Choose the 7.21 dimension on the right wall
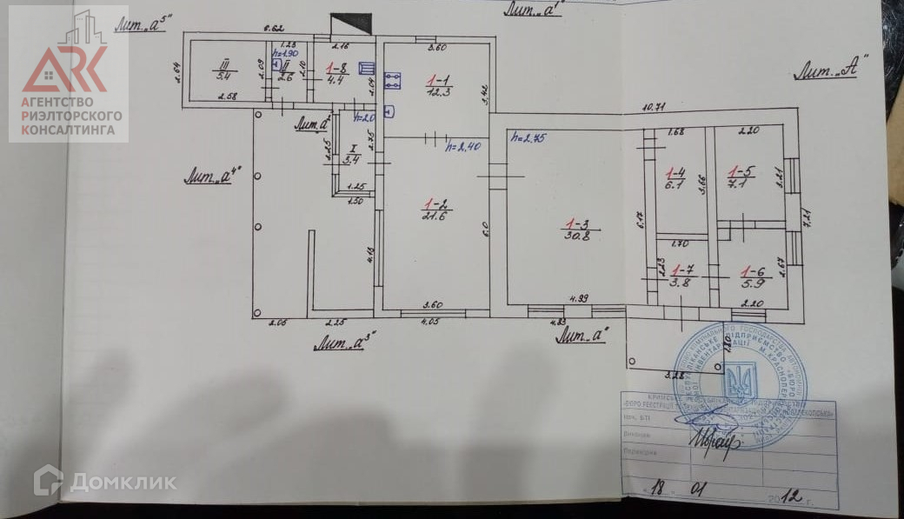[x=807, y=214]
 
